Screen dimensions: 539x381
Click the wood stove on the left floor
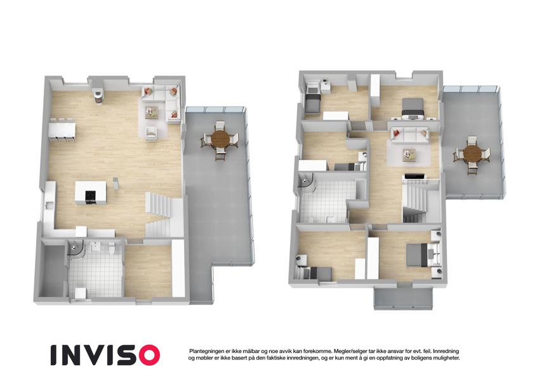[x=98, y=97]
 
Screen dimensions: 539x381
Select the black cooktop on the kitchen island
[x=91, y=197]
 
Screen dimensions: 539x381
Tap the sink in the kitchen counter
[x=50, y=206]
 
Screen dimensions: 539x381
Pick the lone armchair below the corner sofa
[x=151, y=133]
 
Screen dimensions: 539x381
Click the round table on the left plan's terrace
[x=220, y=139]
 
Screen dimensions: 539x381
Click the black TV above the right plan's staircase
[x=416, y=177]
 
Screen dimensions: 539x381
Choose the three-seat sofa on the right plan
[x=409, y=135]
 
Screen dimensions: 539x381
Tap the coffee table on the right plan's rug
[x=409, y=155]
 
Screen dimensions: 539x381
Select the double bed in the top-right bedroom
[x=413, y=108]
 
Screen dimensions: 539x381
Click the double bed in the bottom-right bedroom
[x=418, y=255]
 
